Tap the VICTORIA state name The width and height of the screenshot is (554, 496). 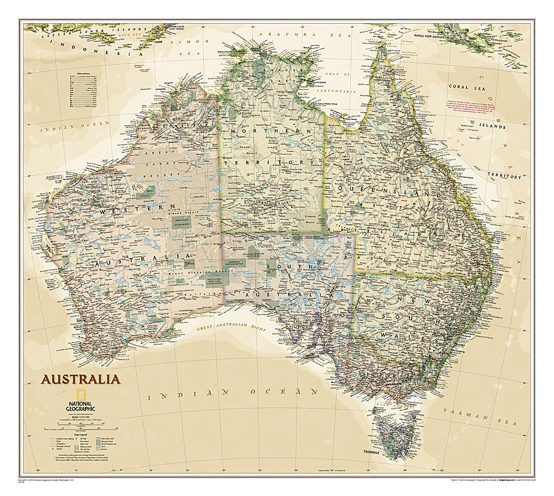pyautogui.click(x=388, y=374)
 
